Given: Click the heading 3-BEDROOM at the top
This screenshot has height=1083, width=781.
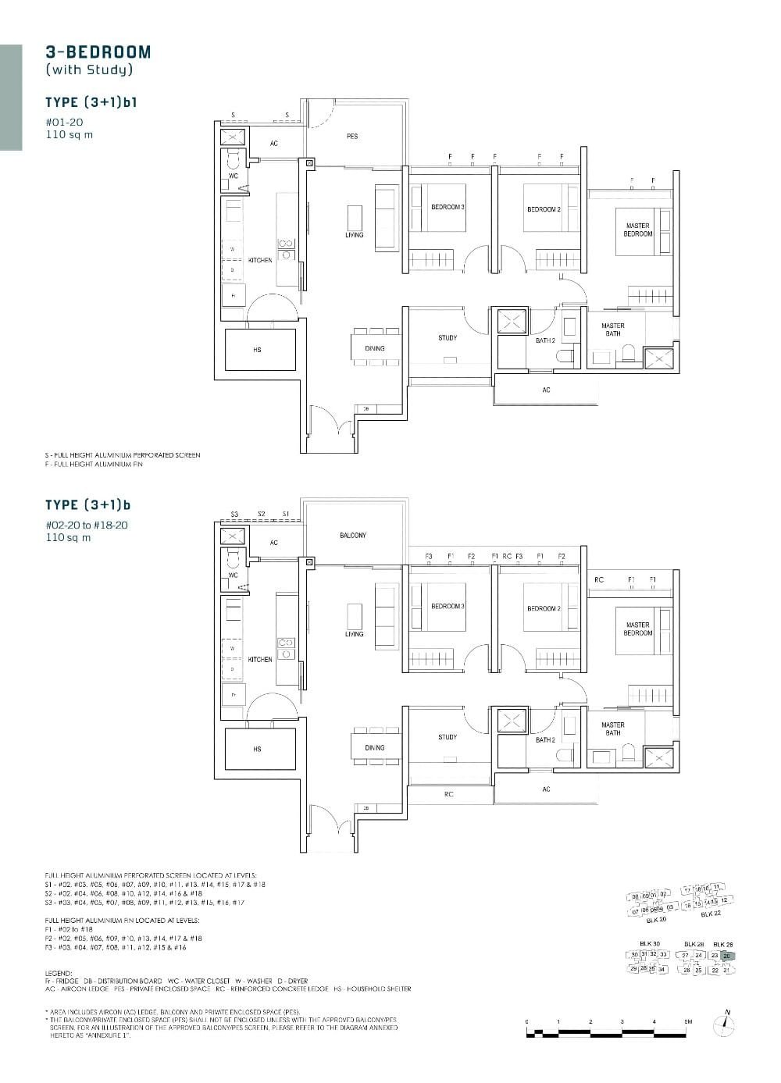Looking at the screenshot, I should (x=98, y=52).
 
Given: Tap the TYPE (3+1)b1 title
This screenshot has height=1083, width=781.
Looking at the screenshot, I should (x=91, y=102).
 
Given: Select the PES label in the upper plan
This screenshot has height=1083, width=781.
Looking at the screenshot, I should (x=352, y=137).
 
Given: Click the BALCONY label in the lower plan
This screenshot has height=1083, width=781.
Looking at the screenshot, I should (x=353, y=536).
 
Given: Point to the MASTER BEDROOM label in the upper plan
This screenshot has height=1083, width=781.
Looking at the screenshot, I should (x=638, y=230).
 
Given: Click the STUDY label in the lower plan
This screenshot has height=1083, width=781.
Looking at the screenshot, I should (x=448, y=737).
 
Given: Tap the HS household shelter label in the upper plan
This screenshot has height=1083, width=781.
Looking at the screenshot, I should (x=257, y=351).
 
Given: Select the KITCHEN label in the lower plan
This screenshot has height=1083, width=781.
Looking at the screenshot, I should (x=260, y=660).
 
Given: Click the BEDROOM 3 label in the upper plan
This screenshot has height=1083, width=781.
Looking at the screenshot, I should (x=448, y=208).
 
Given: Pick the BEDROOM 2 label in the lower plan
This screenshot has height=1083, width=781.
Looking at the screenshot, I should (x=544, y=608).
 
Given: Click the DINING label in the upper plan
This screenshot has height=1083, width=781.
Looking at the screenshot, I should (x=375, y=348).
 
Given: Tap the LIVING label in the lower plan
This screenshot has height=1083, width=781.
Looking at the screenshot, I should (x=354, y=634).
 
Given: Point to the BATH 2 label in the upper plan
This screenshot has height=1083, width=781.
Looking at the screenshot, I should (x=545, y=340).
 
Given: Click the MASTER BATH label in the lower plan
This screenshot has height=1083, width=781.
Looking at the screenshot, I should (x=613, y=729).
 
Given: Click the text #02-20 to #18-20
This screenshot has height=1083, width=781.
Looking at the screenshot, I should (x=86, y=525).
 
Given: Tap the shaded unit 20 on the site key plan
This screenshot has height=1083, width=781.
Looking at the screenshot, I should (x=726, y=956).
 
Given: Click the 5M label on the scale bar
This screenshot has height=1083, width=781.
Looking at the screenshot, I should (x=687, y=1021).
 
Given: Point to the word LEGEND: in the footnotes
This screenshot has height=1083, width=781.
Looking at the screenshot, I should (x=59, y=974).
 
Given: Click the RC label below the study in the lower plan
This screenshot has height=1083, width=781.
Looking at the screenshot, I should (x=448, y=794).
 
